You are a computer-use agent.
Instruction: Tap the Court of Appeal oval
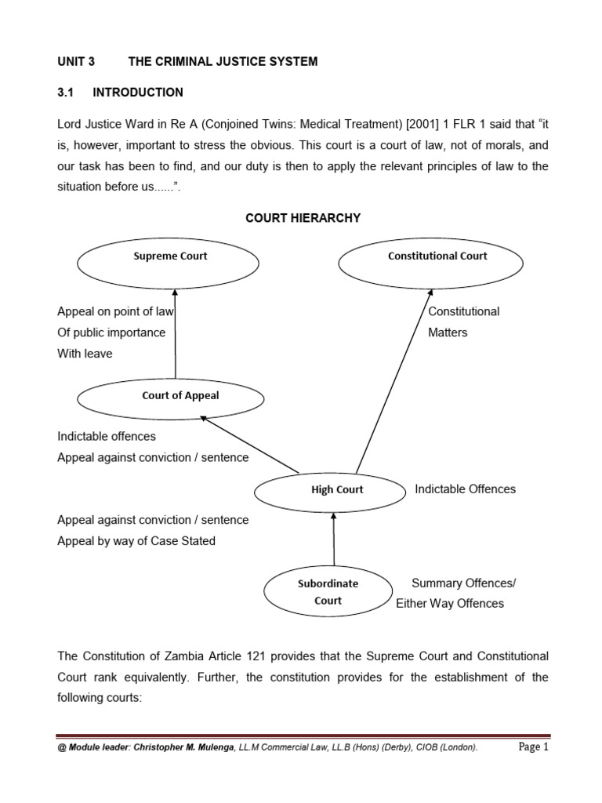[180, 396]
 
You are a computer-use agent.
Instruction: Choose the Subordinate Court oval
[328, 592]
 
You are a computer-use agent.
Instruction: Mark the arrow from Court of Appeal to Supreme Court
[175, 333]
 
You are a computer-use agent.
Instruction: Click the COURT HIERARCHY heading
[303, 218]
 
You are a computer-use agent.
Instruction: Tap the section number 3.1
[65, 93]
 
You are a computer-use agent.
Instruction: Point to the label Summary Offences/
[463, 583]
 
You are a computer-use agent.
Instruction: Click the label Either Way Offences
[450, 604]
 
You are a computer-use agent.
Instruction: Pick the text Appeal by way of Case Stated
[136, 541]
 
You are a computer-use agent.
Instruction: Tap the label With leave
[85, 354]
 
